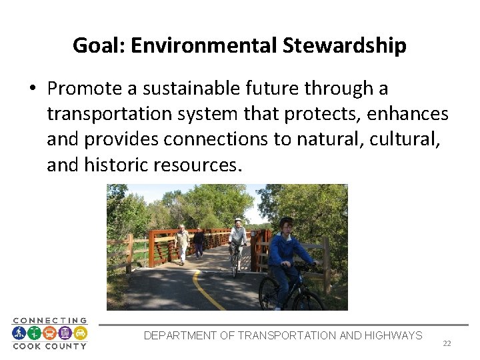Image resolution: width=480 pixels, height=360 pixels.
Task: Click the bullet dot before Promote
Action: tap(32, 89)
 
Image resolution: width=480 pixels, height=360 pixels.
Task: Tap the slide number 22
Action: tap(447, 343)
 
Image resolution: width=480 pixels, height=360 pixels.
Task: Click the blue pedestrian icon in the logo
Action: tap(19, 333)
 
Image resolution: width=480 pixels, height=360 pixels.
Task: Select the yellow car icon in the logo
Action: tap(79, 333)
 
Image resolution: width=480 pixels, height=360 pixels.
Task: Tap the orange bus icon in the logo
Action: tap(49, 333)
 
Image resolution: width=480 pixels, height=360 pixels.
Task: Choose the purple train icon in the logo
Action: tap(65, 333)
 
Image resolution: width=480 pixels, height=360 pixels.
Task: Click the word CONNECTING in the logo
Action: tap(49, 321)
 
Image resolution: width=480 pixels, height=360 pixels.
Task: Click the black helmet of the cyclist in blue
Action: tap(286, 222)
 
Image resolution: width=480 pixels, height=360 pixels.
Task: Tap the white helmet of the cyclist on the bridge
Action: tap(237, 220)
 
